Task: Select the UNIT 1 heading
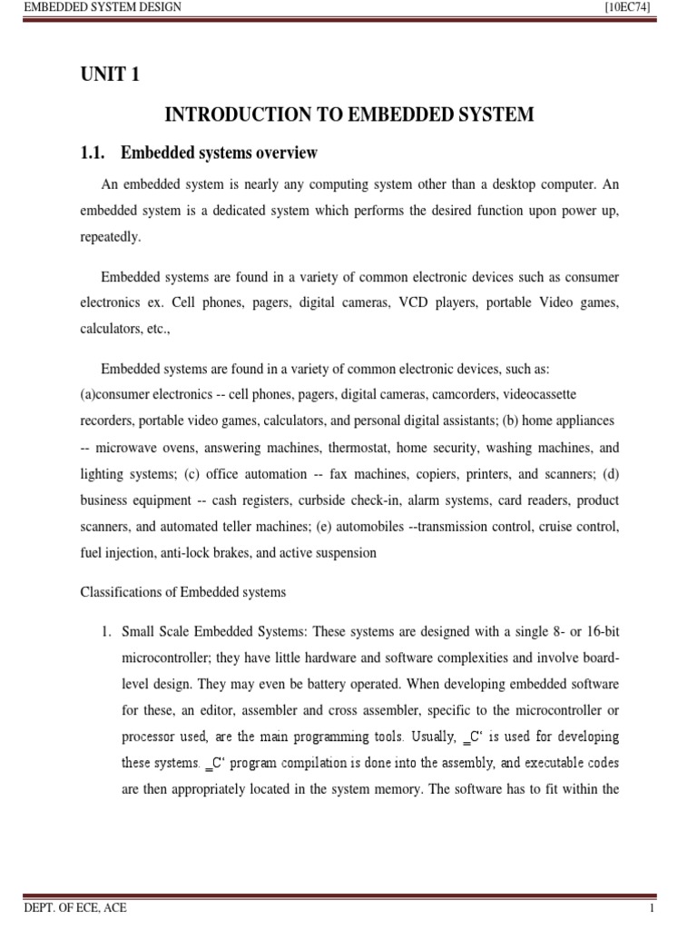[x=111, y=75]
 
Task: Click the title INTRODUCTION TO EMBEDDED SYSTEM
[x=348, y=114]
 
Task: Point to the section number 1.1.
[x=93, y=152]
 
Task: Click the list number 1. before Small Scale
[x=105, y=632]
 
